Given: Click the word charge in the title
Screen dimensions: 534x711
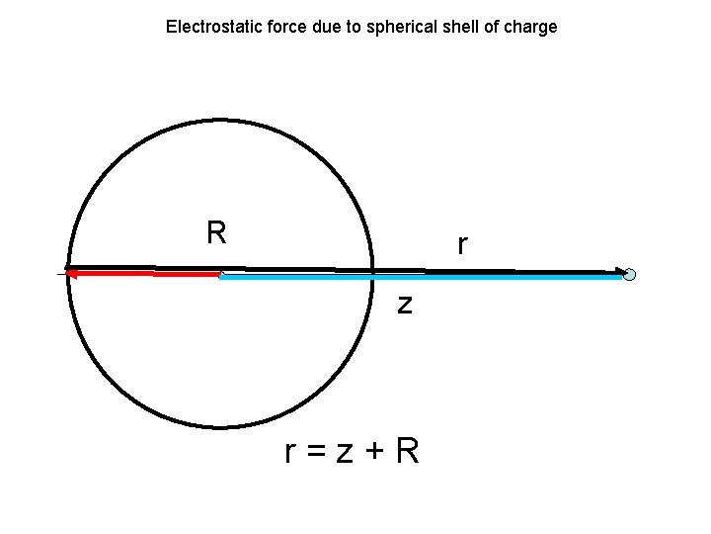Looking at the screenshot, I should click(x=531, y=27).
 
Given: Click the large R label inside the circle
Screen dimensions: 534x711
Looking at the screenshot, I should click(x=216, y=232).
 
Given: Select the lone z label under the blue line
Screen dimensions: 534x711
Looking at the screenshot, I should click(x=405, y=304).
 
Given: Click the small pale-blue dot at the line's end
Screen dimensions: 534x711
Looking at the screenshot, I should click(x=629, y=275).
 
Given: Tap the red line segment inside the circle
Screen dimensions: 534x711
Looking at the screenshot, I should click(x=148, y=275).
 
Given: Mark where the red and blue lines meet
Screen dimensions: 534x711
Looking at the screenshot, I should click(x=220, y=276).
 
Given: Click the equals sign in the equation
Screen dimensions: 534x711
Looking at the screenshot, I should click(x=315, y=452).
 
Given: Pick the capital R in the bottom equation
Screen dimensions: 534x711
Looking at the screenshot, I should click(x=407, y=451).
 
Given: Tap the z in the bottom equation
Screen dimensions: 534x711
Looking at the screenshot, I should click(x=344, y=453).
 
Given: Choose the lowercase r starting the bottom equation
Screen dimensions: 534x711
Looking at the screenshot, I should click(x=289, y=453).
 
